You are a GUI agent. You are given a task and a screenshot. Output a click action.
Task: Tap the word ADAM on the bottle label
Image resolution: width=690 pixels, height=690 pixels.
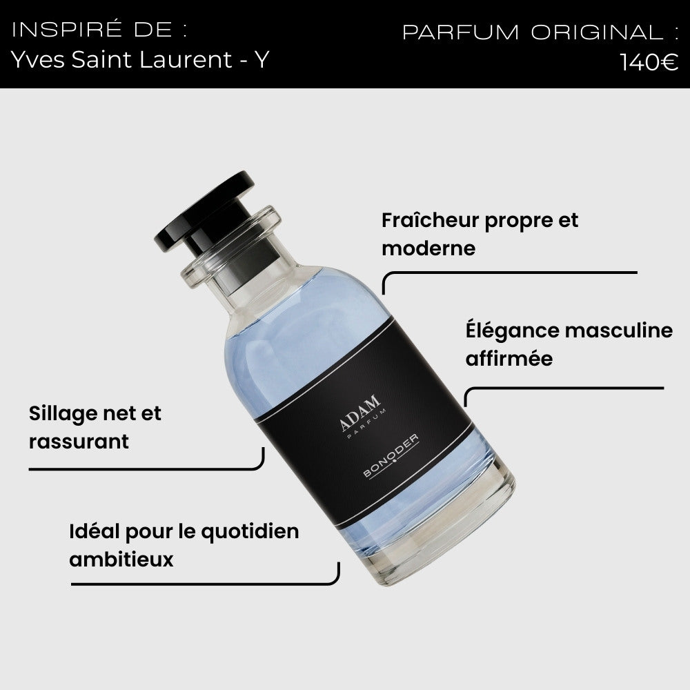click(360, 413)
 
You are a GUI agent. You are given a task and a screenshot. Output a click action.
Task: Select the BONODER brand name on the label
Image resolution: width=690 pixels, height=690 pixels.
click(391, 456)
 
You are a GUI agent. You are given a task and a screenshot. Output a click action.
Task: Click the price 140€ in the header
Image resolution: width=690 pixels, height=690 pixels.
click(649, 61)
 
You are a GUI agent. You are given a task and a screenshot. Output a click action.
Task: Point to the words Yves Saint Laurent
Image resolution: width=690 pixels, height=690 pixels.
click(121, 59)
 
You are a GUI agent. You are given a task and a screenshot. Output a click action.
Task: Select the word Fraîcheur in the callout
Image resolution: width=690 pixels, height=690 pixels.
click(430, 220)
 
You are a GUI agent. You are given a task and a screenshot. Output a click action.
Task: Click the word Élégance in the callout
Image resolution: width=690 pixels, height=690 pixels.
click(511, 331)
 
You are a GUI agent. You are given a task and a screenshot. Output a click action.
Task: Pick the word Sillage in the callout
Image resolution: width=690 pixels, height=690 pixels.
click(62, 413)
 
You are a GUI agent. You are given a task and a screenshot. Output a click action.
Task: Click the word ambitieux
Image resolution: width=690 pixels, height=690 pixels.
click(121, 560)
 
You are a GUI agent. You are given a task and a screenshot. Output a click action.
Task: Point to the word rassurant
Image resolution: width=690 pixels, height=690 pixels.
click(79, 442)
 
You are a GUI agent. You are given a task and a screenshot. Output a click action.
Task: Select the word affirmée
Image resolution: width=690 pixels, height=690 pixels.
click(509, 358)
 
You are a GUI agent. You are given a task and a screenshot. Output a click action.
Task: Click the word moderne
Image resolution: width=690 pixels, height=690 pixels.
click(428, 248)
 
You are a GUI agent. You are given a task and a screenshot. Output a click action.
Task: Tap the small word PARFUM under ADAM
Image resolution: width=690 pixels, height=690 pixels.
click(366, 424)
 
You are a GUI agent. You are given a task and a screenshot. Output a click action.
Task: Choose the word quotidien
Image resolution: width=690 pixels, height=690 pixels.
click(250, 533)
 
